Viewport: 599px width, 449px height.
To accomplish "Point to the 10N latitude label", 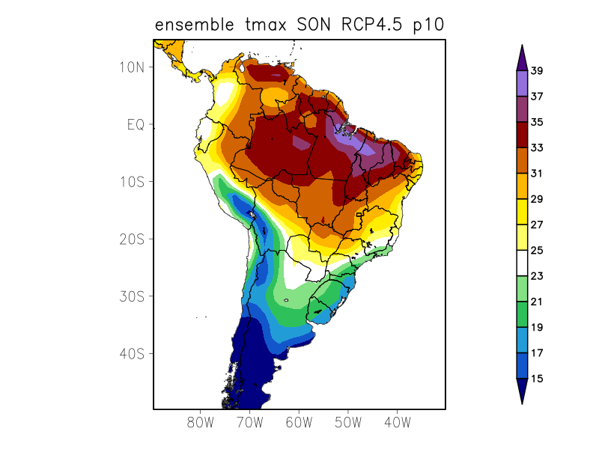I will pos(131,67).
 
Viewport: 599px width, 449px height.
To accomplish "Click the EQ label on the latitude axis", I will pos(135,124).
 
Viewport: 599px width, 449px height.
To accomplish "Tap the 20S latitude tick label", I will pos(131,239).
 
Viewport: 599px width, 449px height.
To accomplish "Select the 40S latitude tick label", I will pos(131,353).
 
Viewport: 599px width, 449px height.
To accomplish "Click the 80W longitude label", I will pos(201,423).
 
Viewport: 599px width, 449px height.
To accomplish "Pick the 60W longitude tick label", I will pos(299,423).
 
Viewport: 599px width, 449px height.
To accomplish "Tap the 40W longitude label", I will pos(397,423).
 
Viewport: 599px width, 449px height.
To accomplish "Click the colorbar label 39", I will pos(537,71).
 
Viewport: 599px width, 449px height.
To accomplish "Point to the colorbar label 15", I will pos(537,379).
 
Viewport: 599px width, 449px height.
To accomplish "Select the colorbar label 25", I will pos(537,251).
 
